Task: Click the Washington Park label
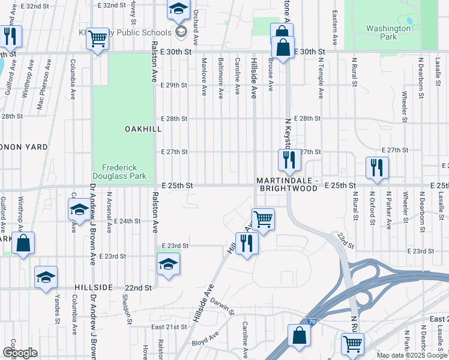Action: click(389, 32)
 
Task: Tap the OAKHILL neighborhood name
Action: click(143, 129)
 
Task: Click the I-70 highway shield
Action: click(310, 322)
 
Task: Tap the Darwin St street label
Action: click(221, 306)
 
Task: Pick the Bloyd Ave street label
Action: click(205, 340)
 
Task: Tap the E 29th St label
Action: click(174, 85)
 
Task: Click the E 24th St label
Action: click(126, 221)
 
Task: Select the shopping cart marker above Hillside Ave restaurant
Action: click(264, 219)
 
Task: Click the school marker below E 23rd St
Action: click(169, 263)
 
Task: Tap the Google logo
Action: click(20, 353)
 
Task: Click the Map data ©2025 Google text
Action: click(411, 355)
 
